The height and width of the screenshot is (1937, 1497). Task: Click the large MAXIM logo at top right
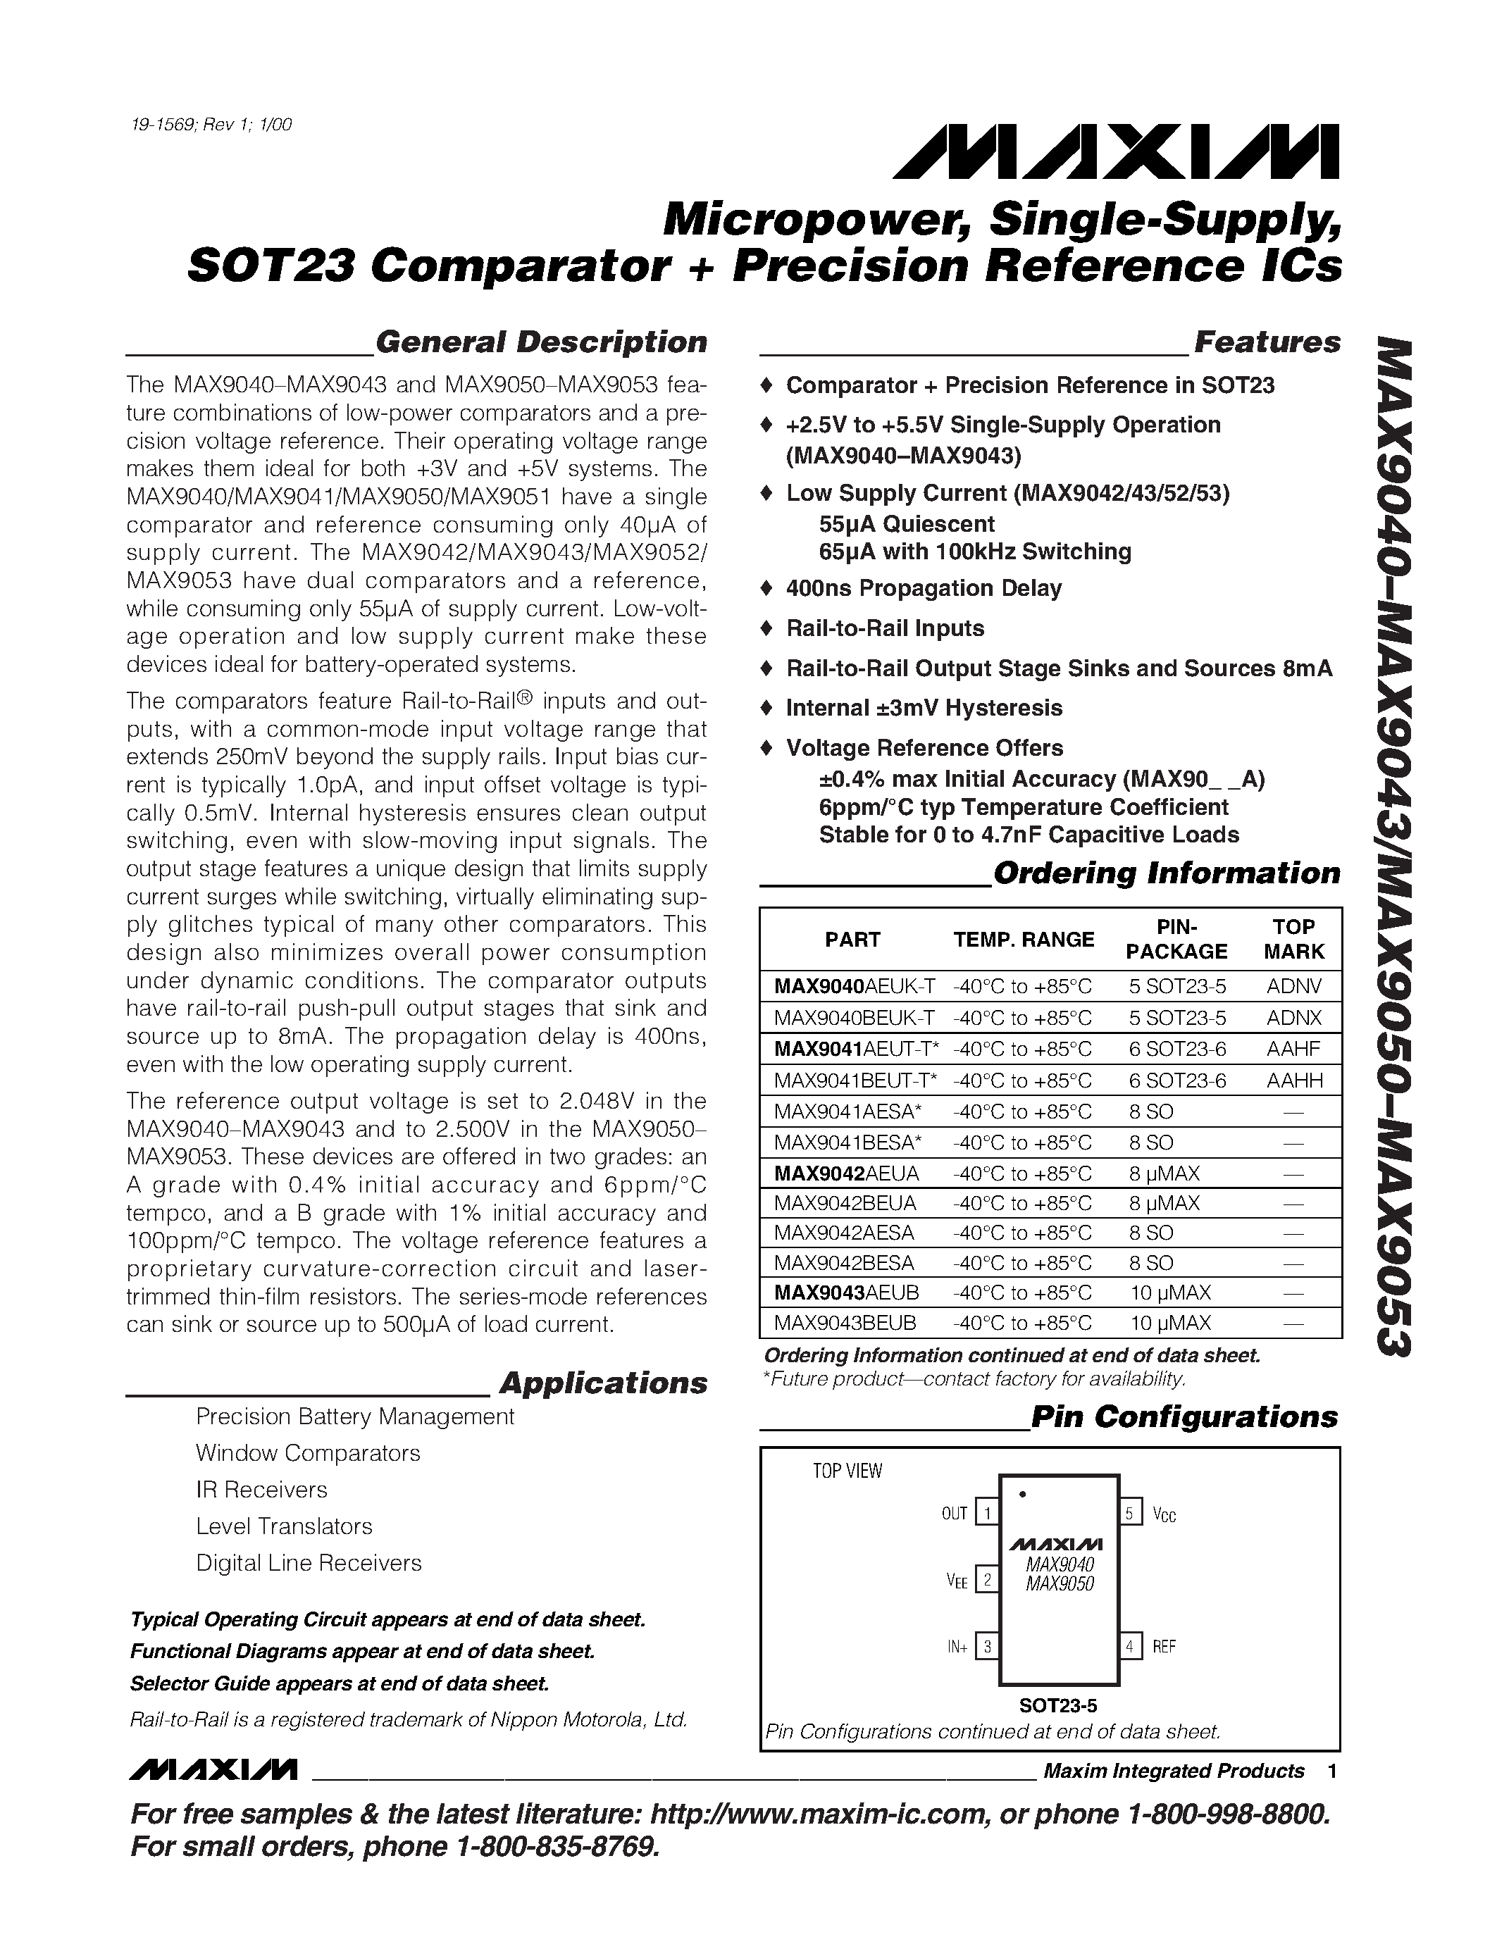(1116, 153)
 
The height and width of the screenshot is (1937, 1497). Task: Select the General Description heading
(541, 342)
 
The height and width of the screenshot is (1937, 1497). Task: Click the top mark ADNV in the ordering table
(1293, 986)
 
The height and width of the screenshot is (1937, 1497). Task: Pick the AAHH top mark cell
(1293, 1080)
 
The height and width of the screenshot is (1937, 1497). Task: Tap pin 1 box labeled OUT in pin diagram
(986, 1512)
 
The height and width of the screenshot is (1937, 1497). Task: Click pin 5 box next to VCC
(1129, 1512)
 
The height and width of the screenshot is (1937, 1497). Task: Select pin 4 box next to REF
(1129, 1647)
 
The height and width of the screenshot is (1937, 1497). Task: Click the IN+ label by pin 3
(957, 1647)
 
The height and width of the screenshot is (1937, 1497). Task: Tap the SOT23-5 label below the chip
(1057, 1705)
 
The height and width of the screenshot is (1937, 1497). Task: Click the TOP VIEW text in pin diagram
(847, 1471)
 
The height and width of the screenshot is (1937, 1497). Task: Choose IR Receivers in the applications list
(261, 1489)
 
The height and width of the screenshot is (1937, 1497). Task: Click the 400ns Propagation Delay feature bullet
(924, 588)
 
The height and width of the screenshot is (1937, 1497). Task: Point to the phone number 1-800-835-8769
(557, 1847)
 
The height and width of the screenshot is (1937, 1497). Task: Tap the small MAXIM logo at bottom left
(213, 1770)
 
